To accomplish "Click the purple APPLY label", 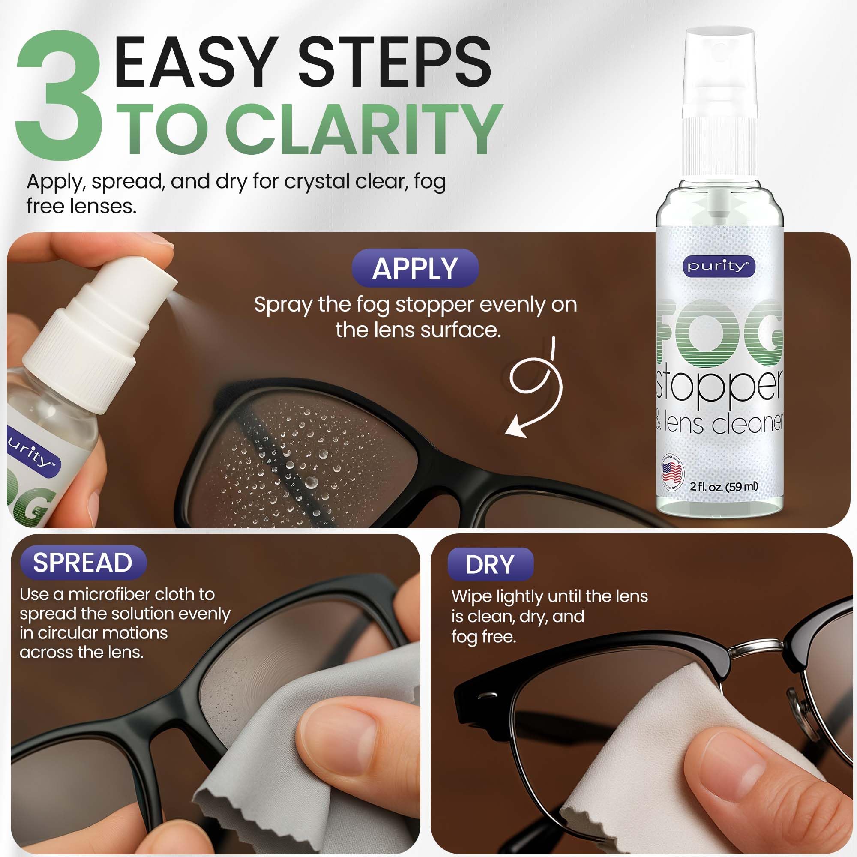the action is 415,268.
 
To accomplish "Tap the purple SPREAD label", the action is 83,563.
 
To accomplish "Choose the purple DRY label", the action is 490,565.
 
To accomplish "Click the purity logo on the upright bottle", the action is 719,266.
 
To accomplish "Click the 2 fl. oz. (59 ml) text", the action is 723,487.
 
